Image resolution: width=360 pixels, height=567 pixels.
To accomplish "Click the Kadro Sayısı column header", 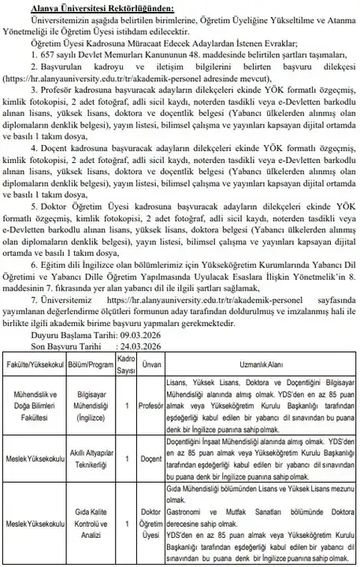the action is point(125,364).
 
